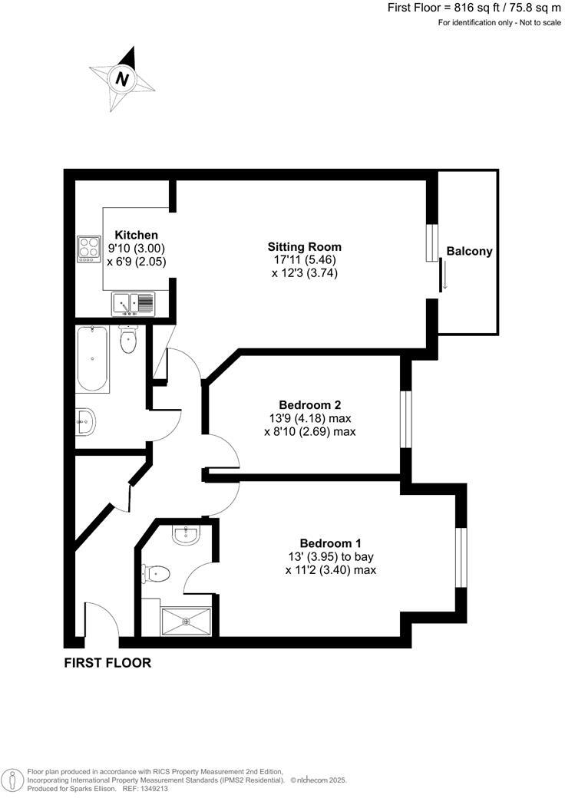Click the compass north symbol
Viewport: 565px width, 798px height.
click(x=121, y=77)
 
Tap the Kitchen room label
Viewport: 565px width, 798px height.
click(x=137, y=235)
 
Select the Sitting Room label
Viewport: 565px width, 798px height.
click(x=304, y=247)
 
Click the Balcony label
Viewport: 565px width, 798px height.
click(x=469, y=251)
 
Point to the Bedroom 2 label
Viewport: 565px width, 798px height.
click(x=309, y=405)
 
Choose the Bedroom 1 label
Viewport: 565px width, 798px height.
click(x=331, y=542)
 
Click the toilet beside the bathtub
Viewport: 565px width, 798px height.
click(x=128, y=340)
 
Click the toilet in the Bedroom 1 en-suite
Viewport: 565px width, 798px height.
click(x=157, y=572)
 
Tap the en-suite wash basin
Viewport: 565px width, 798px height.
click(x=186, y=535)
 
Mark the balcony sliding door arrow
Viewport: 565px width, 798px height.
click(x=442, y=275)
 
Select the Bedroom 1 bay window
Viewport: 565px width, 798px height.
click(x=461, y=556)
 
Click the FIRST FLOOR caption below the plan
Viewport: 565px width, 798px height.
click(x=107, y=663)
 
